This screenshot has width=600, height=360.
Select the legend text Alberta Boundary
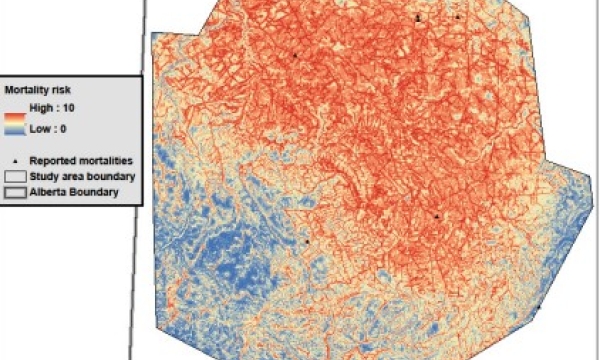click(x=73, y=190)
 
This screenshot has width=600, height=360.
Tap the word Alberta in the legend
click(x=49, y=190)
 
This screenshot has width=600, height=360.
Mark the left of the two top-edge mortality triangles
click(x=419, y=17)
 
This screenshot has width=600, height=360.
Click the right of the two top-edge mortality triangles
click(x=457, y=17)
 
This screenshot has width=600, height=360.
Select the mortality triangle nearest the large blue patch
click(x=307, y=241)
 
